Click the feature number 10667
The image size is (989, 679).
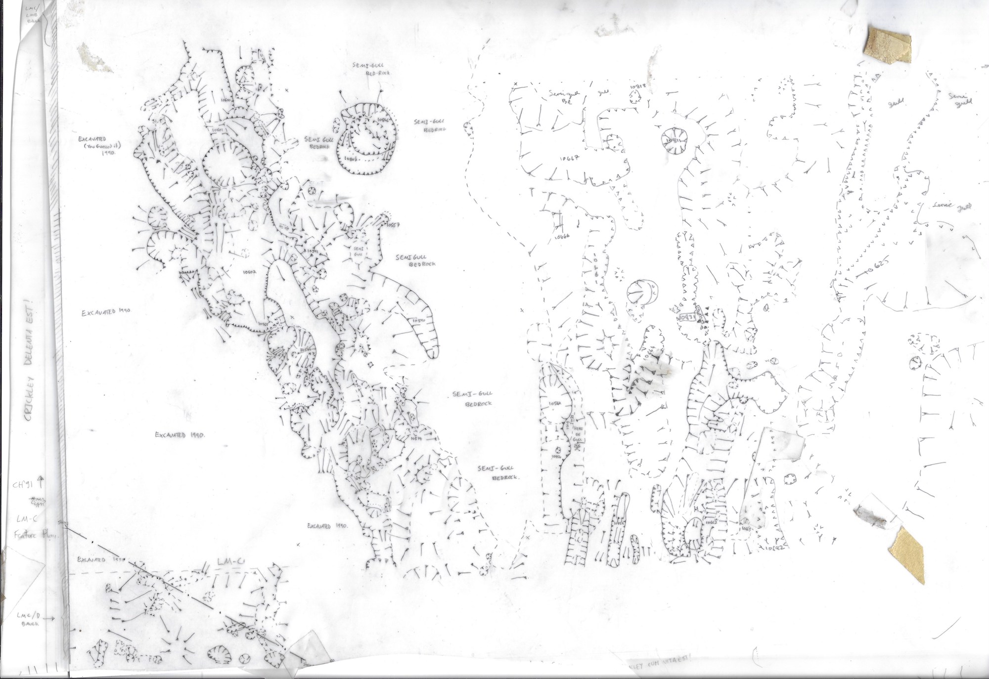pyautogui.click(x=570, y=159)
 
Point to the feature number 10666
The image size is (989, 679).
pyautogui.click(x=562, y=237)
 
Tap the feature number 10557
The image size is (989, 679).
pyautogui.click(x=393, y=225)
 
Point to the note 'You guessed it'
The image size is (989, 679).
pyautogui.click(x=100, y=146)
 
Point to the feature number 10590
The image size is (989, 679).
pyautogui.click(x=418, y=321)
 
